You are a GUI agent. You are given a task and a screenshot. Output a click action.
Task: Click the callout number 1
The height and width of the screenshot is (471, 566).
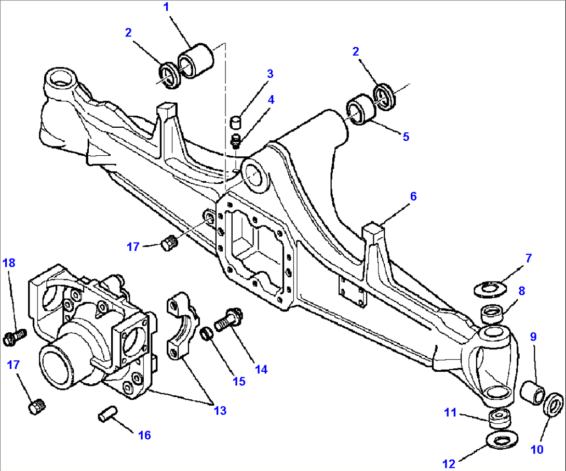coord(166,8)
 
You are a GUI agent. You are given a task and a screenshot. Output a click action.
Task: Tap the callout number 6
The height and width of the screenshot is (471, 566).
coord(413,196)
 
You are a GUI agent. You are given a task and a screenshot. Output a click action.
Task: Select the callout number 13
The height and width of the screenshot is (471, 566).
coord(220,410)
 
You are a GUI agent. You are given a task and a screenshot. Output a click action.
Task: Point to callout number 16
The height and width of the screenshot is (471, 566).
coord(144,435)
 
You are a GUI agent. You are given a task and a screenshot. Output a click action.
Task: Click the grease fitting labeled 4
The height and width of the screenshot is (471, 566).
coord(236,141)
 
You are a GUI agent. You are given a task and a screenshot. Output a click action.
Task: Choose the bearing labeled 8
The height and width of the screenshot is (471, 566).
coord(493,314)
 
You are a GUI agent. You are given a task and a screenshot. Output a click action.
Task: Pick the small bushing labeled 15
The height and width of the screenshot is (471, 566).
coord(207,332)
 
